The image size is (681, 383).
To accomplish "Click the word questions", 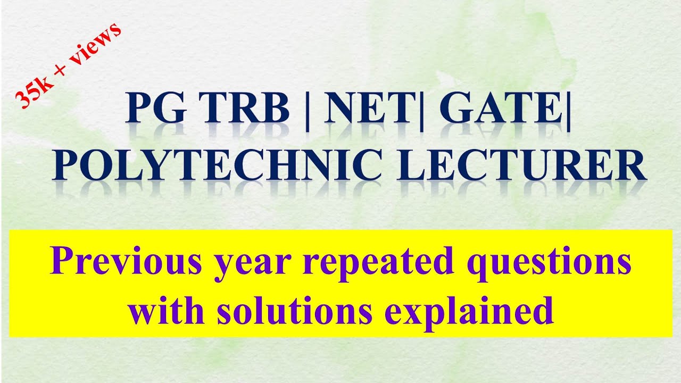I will click(539, 264).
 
